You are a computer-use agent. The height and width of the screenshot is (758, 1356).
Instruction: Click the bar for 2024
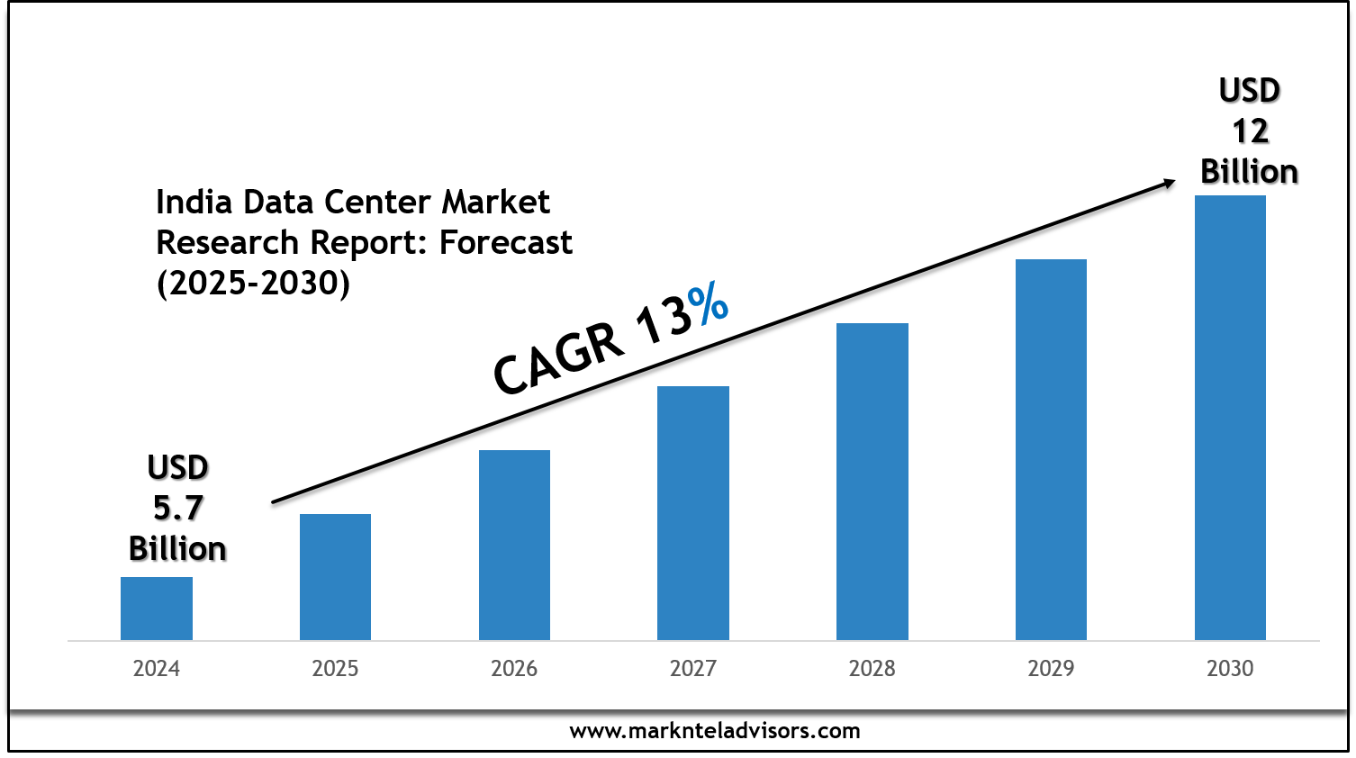157,609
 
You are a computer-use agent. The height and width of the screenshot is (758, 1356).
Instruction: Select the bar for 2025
335,577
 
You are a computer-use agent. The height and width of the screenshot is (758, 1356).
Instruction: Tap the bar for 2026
514,545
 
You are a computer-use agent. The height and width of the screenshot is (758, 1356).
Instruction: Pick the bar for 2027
693,513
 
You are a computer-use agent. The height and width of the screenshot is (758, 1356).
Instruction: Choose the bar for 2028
872,482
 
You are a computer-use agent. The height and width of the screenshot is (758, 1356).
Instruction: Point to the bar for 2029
1051,449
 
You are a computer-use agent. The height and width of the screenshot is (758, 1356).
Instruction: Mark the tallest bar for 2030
1230,418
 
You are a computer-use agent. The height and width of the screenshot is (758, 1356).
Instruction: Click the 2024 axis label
157,669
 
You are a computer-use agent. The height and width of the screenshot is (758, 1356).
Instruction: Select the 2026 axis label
514,669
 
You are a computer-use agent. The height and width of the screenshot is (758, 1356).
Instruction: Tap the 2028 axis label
872,669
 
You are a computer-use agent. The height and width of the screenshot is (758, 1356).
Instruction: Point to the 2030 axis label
1230,669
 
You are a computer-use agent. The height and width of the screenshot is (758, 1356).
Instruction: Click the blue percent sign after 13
707,304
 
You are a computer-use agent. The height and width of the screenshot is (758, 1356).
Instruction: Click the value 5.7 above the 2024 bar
177,509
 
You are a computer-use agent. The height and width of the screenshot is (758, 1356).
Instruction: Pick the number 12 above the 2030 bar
1250,131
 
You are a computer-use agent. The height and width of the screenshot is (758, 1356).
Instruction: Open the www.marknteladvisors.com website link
715,731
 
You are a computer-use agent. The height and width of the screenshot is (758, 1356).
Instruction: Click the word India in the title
194,203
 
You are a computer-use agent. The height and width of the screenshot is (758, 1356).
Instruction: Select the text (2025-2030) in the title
253,284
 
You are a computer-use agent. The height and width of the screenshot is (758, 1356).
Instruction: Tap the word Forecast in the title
506,243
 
